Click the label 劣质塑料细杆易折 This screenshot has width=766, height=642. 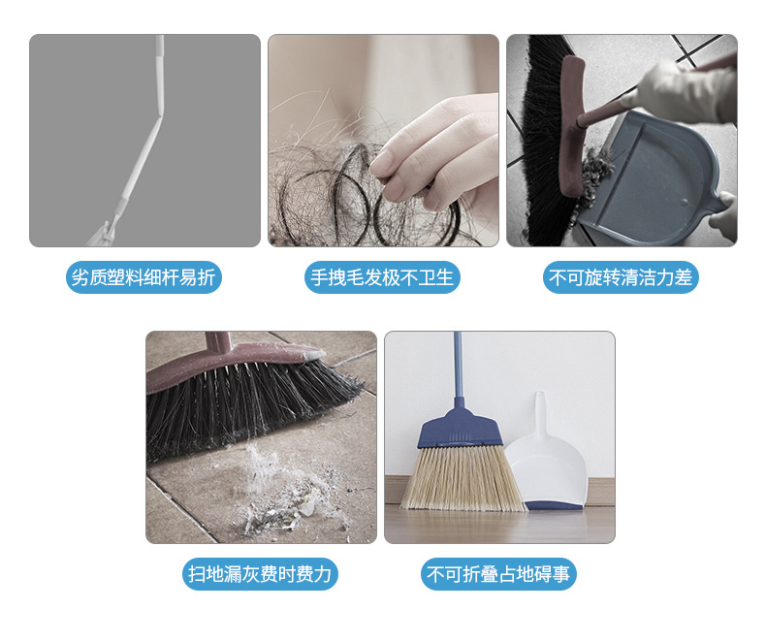pyautogui.click(x=144, y=277)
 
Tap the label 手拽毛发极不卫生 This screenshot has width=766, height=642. pyautogui.click(x=382, y=277)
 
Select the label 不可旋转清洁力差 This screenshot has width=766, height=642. pyautogui.click(x=621, y=277)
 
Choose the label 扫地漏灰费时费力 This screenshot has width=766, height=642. pyautogui.click(x=260, y=573)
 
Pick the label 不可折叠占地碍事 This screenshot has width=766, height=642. pyautogui.click(x=498, y=573)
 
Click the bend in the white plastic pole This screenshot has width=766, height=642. pyautogui.click(x=159, y=116)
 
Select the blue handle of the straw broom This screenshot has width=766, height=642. pyautogui.click(x=459, y=366)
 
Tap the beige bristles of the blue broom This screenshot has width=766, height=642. pyautogui.click(x=462, y=479)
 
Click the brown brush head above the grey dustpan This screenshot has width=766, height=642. pyautogui.click(x=572, y=124)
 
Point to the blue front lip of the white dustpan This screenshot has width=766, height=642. pyautogui.click(x=555, y=505)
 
